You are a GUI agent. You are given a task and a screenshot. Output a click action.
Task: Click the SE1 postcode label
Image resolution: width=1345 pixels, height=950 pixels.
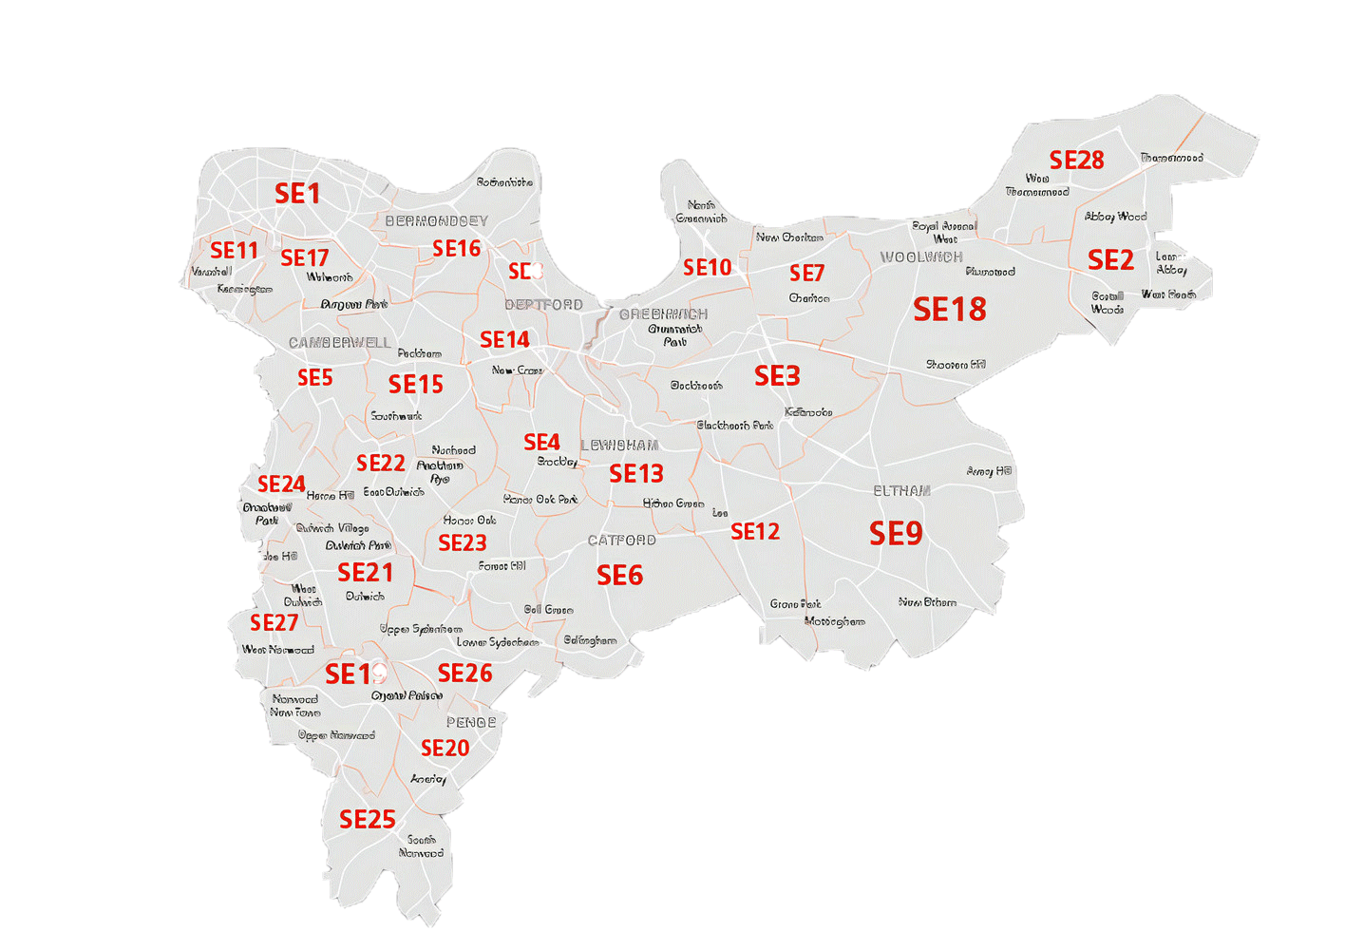point(297,194)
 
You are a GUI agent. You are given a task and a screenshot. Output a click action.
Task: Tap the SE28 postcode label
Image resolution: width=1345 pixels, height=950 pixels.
point(1076,161)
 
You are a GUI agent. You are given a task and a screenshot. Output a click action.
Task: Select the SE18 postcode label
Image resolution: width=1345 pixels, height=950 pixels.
point(949,310)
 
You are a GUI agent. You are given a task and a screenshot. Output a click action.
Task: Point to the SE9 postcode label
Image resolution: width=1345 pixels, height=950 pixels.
point(896,534)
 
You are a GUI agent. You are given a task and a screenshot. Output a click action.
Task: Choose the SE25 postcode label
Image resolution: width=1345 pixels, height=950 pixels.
point(367,819)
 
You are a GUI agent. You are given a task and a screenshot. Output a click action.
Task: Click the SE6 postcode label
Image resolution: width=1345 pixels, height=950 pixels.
point(619,576)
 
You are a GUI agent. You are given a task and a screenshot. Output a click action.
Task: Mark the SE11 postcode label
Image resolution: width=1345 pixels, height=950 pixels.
point(234,251)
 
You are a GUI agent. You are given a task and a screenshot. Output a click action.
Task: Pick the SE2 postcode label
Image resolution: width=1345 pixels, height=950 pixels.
point(1110,260)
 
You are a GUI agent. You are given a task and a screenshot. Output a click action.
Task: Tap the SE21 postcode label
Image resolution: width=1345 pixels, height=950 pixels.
point(365,573)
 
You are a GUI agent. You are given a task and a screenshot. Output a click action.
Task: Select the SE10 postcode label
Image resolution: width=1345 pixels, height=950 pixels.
point(708,268)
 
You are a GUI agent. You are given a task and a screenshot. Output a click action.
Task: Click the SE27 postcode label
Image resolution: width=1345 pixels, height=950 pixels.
point(274,623)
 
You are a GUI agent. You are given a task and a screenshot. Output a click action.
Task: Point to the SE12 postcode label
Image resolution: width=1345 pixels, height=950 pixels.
point(755,532)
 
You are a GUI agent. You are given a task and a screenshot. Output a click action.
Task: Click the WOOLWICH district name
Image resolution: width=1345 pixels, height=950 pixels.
point(921,257)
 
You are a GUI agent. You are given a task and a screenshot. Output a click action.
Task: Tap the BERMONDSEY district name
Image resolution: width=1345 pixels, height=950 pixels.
point(436,221)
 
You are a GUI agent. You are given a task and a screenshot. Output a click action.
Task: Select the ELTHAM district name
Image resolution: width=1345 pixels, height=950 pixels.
point(901,491)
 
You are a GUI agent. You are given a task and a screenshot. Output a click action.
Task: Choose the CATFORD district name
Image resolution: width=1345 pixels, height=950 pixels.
point(621,541)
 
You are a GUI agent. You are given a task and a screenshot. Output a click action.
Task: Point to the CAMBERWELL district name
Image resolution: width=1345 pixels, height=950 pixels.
point(339,343)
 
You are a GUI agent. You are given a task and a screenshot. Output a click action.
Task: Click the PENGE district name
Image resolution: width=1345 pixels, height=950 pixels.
point(471,723)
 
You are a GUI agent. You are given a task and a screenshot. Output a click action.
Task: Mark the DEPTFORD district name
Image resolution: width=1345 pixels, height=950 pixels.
point(543,305)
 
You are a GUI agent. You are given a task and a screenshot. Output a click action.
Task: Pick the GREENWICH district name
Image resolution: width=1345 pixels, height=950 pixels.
point(663,314)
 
